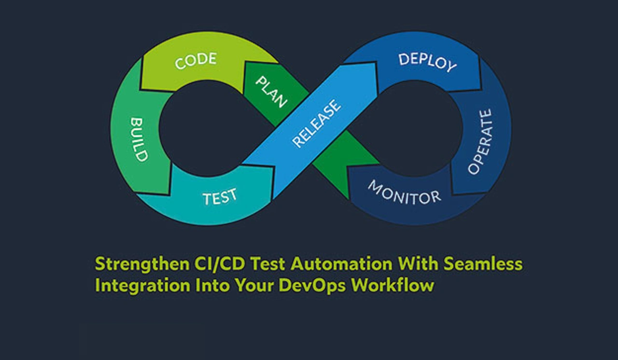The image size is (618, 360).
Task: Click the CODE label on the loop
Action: [x=196, y=61]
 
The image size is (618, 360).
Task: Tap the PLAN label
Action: [x=271, y=92]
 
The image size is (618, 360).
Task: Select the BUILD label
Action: [x=139, y=139]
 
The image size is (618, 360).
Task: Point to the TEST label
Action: [x=220, y=197]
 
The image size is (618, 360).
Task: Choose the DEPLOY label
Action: [x=427, y=62]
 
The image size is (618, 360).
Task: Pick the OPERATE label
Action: [x=480, y=141]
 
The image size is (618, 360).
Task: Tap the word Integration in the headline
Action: [x=135, y=285]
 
